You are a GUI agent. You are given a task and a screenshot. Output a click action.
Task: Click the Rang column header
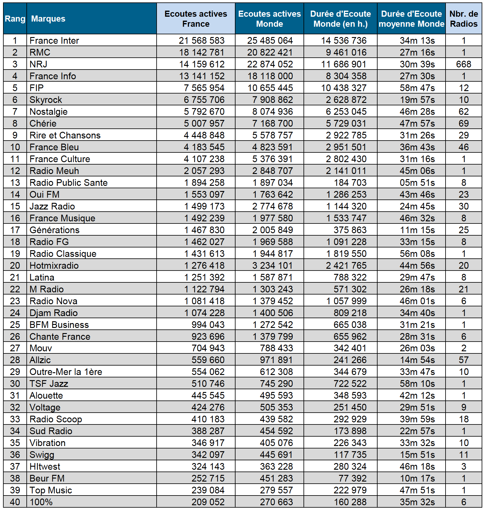pyautogui.click(x=15, y=19)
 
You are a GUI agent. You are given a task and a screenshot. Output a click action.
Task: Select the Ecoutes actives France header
pyautogui.click(x=196, y=19)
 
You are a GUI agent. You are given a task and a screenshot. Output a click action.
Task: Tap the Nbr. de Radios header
pyautogui.click(x=463, y=19)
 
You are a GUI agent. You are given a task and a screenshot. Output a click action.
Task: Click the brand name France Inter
pyautogui.click(x=54, y=40)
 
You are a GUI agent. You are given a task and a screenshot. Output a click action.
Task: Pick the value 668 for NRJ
pyautogui.click(x=463, y=64)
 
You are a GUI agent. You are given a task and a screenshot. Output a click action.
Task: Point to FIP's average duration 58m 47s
pyautogui.click(x=417, y=88)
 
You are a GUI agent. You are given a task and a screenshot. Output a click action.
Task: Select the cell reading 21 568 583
pyautogui.click(x=202, y=40)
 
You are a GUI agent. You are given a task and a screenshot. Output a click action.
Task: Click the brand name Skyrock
pyautogui.click(x=46, y=100)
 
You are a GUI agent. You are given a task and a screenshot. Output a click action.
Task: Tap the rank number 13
pyautogui.click(x=15, y=182)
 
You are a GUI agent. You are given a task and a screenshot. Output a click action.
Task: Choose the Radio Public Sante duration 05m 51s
pyautogui.click(x=417, y=182)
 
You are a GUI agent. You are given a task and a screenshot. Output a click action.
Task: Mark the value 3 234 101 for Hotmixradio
pyautogui.click(x=272, y=265)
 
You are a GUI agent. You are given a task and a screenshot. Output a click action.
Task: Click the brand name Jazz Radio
pyautogui.click(x=52, y=206)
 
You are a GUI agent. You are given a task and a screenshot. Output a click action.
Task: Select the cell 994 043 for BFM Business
pyautogui.click(x=208, y=325)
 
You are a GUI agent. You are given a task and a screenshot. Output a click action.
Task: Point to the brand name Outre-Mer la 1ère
pyautogui.click(x=66, y=372)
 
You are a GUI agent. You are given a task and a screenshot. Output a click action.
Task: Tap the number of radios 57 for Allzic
pyautogui.click(x=463, y=360)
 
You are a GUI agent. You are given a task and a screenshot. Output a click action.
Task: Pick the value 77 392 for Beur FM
pyautogui.click(x=352, y=478)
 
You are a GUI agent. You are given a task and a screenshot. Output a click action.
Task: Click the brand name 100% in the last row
pyautogui.click(x=41, y=502)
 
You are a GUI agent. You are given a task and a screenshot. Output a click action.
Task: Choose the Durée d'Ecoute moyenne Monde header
pyautogui.click(x=411, y=19)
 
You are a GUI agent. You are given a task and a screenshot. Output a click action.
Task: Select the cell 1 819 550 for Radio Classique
pyautogui.click(x=346, y=254)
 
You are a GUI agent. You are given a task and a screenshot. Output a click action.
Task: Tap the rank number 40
pyautogui.click(x=15, y=502)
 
